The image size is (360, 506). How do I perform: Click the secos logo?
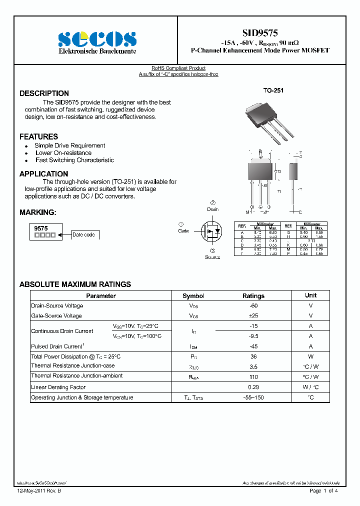97,39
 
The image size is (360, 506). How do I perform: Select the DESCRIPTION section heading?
44,93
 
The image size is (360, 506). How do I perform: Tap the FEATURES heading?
38,136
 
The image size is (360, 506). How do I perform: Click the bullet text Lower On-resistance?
63,153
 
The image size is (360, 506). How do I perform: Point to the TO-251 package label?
273,90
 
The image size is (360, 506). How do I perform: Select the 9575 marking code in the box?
41,228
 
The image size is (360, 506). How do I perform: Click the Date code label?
83,234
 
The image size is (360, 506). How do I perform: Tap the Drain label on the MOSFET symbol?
213,209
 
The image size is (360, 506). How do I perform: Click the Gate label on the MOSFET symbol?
183,231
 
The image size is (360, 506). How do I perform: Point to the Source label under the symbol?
212,257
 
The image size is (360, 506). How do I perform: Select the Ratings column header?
253,296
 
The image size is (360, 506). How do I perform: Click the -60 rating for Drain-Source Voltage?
253,305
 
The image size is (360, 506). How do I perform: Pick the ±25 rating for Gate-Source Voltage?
253,316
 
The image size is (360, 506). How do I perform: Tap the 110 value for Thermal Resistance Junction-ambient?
253,376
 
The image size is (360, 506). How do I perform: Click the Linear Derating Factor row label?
58,387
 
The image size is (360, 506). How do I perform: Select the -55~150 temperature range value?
253,398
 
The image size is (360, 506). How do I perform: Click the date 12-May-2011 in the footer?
31,491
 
